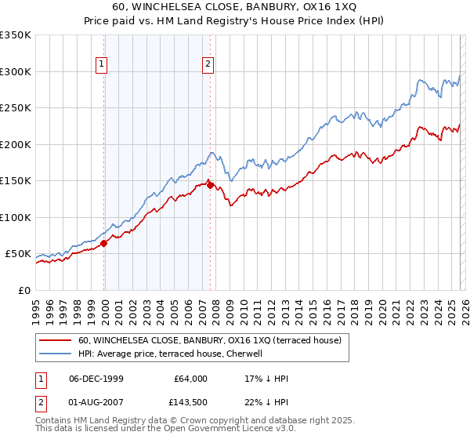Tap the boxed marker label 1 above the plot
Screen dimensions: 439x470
[103, 65]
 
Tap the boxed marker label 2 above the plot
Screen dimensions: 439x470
[208, 65]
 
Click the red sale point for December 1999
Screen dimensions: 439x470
[104, 243]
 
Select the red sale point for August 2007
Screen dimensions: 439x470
[210, 186]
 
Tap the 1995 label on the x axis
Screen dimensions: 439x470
[36, 310]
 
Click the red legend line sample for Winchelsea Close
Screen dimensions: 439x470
[56, 341]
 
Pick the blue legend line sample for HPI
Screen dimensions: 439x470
[56, 354]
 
